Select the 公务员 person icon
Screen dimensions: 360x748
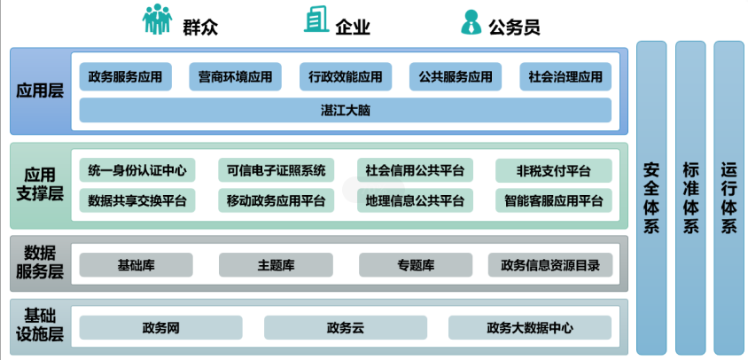tap(470, 21)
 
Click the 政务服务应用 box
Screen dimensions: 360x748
tap(125, 77)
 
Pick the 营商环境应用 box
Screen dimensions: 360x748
tap(235, 77)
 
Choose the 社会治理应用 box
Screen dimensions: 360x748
tap(565, 77)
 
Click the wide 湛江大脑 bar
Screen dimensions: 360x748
tap(345, 110)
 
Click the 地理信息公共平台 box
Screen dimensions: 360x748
tap(415, 200)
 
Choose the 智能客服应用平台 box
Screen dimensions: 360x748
tap(554, 200)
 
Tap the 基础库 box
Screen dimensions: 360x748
tap(136, 264)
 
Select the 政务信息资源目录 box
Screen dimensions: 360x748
tap(549, 264)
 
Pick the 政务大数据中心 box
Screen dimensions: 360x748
tap(529, 328)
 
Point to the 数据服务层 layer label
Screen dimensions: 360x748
tap(40, 264)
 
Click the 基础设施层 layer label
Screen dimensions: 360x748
tap(40, 325)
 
